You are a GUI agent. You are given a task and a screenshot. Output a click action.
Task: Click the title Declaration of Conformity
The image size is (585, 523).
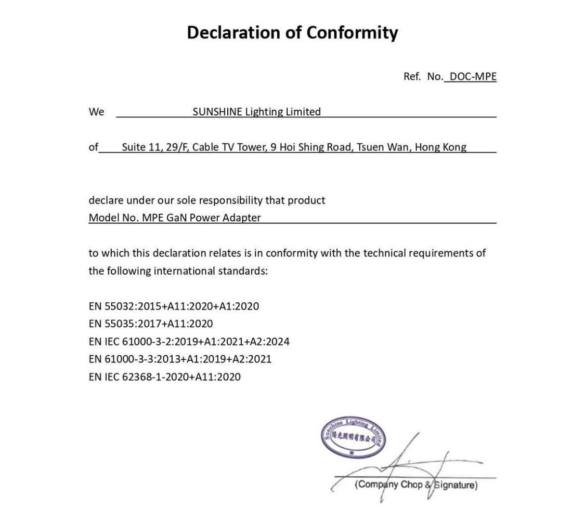pos(292,32)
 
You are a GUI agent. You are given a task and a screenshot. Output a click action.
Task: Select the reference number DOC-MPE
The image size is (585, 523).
pos(473,76)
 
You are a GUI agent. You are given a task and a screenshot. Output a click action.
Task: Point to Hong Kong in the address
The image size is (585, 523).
pos(440,147)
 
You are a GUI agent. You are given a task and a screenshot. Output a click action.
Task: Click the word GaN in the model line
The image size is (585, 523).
pos(176,218)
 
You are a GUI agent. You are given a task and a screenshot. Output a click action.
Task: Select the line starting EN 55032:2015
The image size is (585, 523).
pos(174,306)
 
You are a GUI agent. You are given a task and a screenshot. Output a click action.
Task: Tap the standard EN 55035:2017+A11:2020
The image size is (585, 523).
pos(151,324)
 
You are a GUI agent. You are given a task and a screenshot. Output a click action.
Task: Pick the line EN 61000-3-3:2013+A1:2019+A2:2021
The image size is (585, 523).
pos(180,359)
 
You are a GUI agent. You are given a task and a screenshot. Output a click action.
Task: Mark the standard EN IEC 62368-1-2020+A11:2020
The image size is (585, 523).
pos(164,377)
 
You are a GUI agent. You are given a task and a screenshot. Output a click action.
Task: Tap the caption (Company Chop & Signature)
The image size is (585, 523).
pos(415,485)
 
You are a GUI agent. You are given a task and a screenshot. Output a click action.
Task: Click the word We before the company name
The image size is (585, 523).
pos(96,112)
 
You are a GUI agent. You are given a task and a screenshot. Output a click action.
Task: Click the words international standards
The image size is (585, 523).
pos(210,271)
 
